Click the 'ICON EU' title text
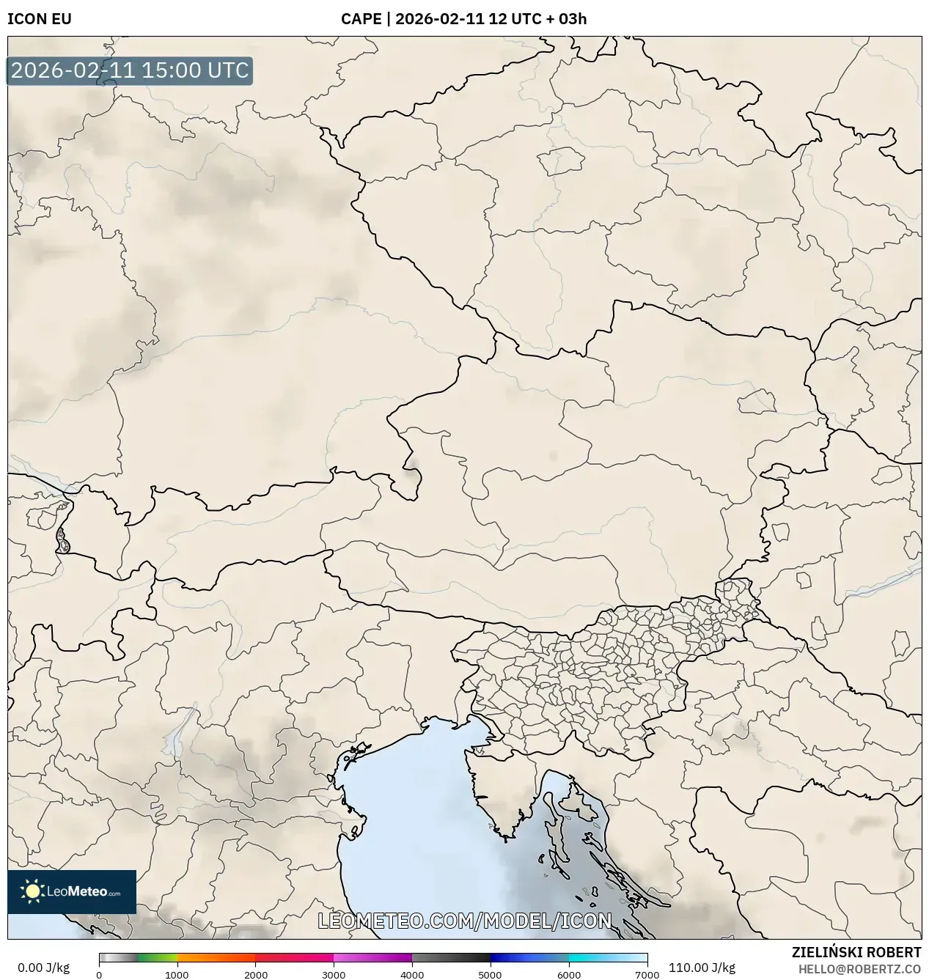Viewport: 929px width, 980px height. [40, 19]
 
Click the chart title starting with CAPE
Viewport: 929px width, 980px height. [463, 19]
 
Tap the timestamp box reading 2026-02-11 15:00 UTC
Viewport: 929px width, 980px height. [130, 71]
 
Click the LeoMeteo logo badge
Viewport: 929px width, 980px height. [72, 891]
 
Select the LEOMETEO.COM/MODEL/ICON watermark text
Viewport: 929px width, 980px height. [464, 921]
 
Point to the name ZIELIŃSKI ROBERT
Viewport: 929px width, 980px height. [856, 953]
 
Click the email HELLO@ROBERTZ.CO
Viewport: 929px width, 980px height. [859, 969]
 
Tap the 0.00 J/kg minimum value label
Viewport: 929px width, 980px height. [43, 968]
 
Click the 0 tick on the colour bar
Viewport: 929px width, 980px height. [99, 974]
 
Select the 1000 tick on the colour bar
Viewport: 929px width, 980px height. [177, 974]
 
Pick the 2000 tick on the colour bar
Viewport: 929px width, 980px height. [255, 974]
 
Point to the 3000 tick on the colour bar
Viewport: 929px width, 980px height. [334, 974]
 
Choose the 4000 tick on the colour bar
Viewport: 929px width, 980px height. [412, 974]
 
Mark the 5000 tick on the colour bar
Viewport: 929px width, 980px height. [490, 974]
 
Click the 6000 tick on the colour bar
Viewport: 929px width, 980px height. [568, 974]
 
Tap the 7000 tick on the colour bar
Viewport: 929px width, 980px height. [647, 974]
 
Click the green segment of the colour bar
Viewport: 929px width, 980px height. [158, 958]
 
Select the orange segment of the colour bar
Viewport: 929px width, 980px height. [216, 958]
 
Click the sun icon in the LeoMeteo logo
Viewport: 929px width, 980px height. [32, 891]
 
